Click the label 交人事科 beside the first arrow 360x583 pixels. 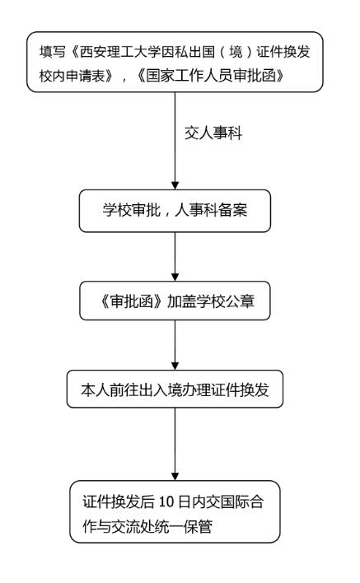point(213,133)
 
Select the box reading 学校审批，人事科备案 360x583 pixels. point(175,211)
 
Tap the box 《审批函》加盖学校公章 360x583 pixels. point(175,301)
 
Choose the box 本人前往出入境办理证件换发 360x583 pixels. point(175,389)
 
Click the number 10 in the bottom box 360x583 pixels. point(166,502)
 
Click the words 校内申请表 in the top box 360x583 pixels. point(72,76)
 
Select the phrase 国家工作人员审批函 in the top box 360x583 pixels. point(211,76)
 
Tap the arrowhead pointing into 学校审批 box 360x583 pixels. point(175,185)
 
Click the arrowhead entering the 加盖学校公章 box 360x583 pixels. point(175,277)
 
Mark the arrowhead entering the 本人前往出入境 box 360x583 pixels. point(175,366)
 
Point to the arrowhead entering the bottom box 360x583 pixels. point(175,476)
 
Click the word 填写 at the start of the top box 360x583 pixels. point(53,52)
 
